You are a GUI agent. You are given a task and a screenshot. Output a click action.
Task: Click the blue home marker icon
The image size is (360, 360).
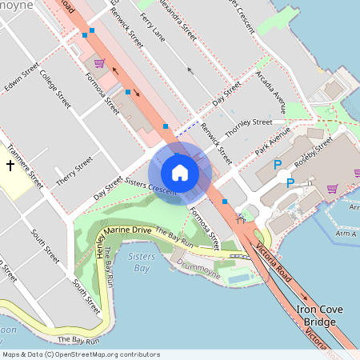click(180, 173)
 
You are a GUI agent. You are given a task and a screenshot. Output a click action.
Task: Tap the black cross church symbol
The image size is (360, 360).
click(10, 166)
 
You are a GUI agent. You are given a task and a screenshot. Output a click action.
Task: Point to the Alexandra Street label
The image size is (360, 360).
click(177, 22)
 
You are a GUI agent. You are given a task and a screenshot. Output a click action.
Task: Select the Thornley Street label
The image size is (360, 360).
click(248, 122)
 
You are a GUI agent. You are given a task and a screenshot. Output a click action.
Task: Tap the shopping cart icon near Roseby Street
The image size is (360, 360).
click(332, 189)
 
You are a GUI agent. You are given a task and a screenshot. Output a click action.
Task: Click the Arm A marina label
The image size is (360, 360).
click(346, 233)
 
